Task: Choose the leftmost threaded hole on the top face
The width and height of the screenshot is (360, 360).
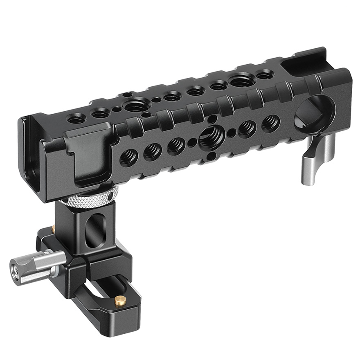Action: pyautogui.click(x=77, y=119)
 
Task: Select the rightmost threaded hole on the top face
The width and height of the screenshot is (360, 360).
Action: pyautogui.click(x=264, y=74)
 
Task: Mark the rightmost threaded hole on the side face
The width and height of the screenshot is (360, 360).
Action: pyautogui.click(x=271, y=122)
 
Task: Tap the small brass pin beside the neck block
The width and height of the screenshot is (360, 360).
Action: pyautogui.click(x=54, y=228)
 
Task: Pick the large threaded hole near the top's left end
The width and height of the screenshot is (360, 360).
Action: pyautogui.click(x=135, y=106)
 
